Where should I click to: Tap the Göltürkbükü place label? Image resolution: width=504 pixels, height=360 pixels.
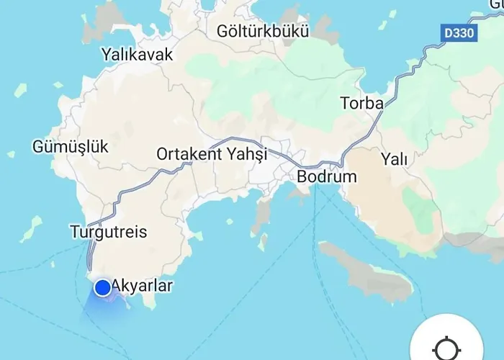[x=263, y=32]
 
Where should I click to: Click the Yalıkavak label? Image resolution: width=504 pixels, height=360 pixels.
[x=138, y=54]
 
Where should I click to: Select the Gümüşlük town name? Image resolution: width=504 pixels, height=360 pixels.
[x=71, y=147]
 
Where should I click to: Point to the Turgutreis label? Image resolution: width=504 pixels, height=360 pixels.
[x=109, y=232]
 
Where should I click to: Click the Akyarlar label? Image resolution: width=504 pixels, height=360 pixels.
[x=143, y=287]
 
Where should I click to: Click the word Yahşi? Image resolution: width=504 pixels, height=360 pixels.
[x=246, y=154]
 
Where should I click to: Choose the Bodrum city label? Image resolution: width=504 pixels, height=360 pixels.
[x=327, y=176]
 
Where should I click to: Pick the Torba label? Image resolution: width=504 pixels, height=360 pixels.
[x=361, y=103]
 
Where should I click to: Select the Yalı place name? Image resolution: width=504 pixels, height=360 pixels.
[x=394, y=158]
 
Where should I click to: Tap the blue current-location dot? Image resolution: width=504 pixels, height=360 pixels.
[x=103, y=288]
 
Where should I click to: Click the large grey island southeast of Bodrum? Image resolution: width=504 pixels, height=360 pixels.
[x=367, y=270]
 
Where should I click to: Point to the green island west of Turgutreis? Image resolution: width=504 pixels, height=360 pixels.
[x=32, y=229]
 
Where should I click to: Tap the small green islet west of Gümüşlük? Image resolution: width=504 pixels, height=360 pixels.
[x=11, y=154]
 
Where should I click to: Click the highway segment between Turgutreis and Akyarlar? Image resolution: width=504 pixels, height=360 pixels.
[x=90, y=256]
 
